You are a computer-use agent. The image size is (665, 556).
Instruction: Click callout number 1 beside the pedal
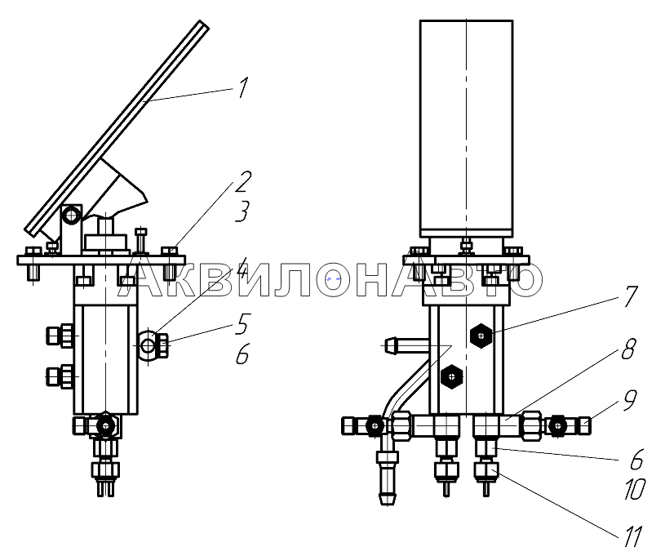coord(242,87)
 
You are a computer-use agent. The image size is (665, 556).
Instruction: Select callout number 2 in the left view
coord(242,180)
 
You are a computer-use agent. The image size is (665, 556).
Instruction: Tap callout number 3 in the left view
coord(242,211)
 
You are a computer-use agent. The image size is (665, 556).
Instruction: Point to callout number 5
coord(242,324)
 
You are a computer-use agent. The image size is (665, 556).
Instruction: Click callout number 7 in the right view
coord(629,296)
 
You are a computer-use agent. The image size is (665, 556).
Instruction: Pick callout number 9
coord(629,400)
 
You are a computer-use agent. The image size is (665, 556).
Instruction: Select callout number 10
coord(635,488)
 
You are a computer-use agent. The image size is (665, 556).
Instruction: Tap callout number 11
coord(634,536)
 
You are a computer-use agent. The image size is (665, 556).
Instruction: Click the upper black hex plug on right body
coord(481,336)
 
